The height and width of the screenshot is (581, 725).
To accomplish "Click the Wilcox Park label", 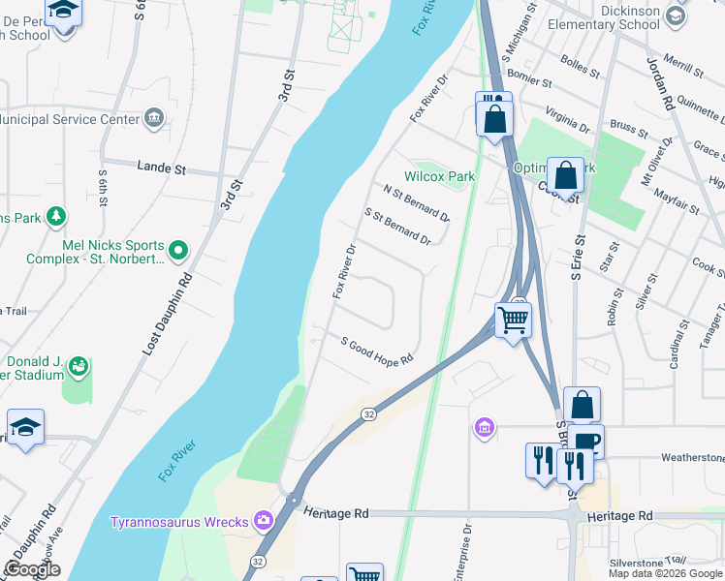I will pyautogui.click(x=440, y=176).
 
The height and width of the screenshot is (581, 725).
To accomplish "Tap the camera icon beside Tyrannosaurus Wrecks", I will pyautogui.click(x=263, y=520).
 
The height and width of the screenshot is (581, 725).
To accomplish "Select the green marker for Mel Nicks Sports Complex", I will pyautogui.click(x=178, y=251).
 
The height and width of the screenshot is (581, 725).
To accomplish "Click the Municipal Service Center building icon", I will pyautogui.click(x=154, y=119).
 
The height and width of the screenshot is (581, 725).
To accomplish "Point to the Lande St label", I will pyautogui.click(x=161, y=168).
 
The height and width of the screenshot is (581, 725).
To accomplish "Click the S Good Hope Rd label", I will pyautogui.click(x=377, y=350).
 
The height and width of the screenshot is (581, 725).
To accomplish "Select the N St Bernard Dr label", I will pyautogui.click(x=416, y=203).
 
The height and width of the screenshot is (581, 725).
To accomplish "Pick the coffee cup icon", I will pyautogui.click(x=587, y=442).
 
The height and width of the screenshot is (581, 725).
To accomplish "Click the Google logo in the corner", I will pyautogui.click(x=32, y=569).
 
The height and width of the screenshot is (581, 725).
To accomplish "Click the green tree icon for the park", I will pyautogui.click(x=57, y=216).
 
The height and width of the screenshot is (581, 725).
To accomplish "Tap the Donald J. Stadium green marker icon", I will pyautogui.click(x=79, y=366).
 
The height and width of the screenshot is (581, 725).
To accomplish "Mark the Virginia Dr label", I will pyautogui.click(x=568, y=118).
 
